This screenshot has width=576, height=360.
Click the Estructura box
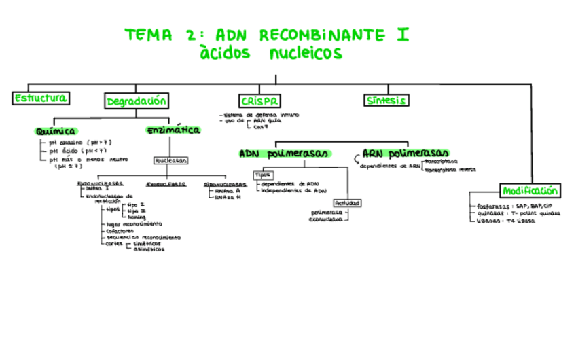pos(41,98)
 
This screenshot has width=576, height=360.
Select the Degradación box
pos(137,101)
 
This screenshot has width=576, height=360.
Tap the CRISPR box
pos(259,101)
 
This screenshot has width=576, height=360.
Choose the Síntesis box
pos(386,101)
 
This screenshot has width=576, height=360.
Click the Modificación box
pos(530,191)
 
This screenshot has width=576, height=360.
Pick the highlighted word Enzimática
pos(173,130)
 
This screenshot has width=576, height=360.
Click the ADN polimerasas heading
pos(284,154)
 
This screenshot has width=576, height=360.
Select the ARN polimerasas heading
pos(406,154)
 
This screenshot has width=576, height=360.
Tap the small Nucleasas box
pos(171,161)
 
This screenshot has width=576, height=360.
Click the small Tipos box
pos(263,175)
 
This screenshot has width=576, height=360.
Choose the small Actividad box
pos(346,203)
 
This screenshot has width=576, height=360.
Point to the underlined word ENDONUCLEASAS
pos(100,183)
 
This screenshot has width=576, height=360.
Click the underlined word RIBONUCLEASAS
pos(225,183)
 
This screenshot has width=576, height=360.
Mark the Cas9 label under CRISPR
pos(262,127)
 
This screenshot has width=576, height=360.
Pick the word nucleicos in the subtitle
pos(306,54)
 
